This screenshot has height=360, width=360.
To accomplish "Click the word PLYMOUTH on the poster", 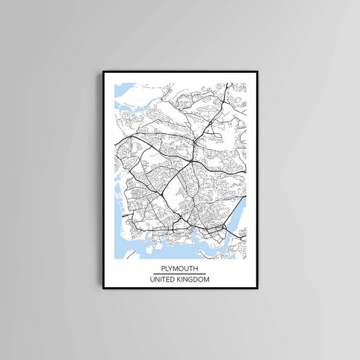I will (180, 267).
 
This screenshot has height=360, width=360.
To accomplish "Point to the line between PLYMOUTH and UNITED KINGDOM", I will (180, 273).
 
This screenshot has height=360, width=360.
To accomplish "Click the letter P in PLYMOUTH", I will (163, 267).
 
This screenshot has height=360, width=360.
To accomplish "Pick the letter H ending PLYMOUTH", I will (197, 267).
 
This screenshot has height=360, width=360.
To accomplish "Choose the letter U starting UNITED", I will (152, 280).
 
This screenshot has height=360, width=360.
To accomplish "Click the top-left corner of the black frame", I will (103, 71).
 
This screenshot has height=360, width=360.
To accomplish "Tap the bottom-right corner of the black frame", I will (257, 288).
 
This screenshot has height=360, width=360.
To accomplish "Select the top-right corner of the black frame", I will (257, 71).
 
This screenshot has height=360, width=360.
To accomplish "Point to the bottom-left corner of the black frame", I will (103, 288).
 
